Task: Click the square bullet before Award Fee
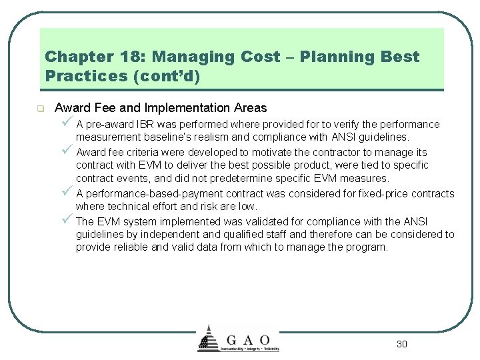[40, 108]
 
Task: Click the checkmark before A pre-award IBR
[65, 123]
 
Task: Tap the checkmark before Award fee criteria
[65, 151]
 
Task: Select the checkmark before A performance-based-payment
[65, 193]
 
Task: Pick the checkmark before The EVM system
[65, 220]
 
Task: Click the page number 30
[401, 344]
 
